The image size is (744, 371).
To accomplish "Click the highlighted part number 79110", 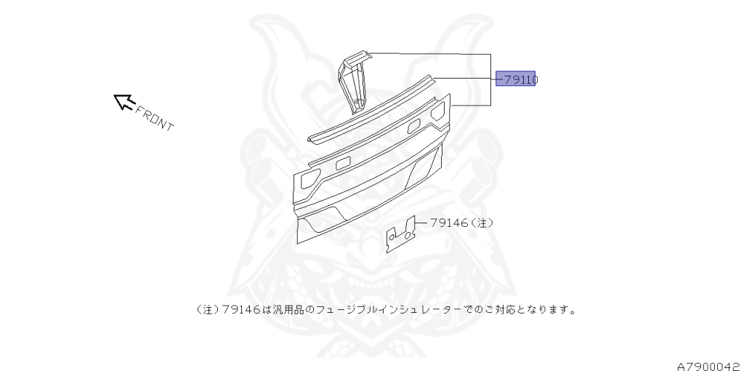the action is point(516,79).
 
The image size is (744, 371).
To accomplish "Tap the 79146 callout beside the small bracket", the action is point(448,223).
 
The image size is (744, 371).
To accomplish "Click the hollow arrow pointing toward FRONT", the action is point(124,103).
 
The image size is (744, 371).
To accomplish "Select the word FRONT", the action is point(155,119).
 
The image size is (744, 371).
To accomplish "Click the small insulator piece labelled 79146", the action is point(400,234).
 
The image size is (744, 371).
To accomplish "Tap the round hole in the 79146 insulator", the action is point(393,236).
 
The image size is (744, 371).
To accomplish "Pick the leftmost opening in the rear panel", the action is point(310,175).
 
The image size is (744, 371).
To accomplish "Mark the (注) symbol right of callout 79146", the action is point(482,223).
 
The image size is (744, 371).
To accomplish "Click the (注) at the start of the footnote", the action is point(208,309).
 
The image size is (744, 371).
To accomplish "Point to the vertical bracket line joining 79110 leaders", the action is point(491,80).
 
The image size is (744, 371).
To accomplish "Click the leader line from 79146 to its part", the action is point(421,223).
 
